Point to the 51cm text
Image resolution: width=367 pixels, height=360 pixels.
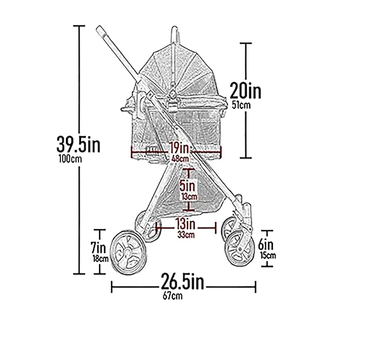[x=241, y=105]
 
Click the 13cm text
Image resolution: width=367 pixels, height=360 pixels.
[x=188, y=197]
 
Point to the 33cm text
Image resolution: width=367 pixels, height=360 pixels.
[x=186, y=234]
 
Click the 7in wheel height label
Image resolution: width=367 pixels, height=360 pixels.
[x=98, y=248]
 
